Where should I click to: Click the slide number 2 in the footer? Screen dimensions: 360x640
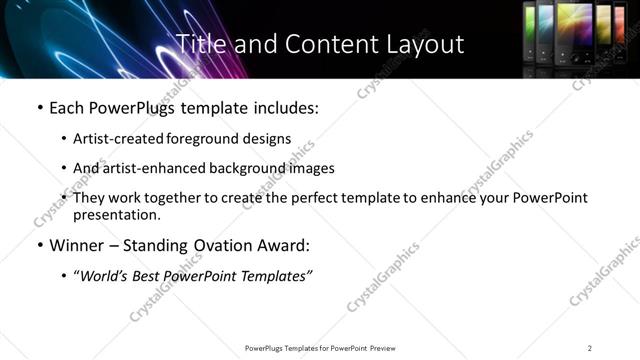[x=590, y=348]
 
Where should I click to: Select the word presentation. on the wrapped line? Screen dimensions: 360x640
[x=116, y=214]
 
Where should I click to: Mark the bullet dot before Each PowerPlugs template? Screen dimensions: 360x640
[x=39, y=107]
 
